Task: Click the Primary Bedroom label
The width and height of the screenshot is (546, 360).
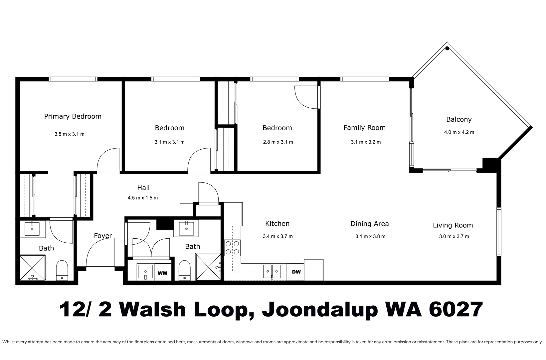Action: [x=73, y=116]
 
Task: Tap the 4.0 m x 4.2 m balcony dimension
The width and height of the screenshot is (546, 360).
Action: [x=459, y=132]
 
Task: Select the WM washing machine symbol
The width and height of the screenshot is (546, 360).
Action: [x=162, y=273]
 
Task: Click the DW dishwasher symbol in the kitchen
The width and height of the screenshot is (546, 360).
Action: [x=296, y=272]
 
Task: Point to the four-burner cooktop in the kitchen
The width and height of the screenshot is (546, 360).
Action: [x=232, y=248]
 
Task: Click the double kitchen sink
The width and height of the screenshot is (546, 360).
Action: [x=272, y=271]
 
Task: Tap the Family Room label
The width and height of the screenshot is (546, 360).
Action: [x=364, y=127]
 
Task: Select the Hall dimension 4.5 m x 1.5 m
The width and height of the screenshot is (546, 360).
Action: [x=143, y=198]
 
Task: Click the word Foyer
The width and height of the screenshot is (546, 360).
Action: [x=103, y=236]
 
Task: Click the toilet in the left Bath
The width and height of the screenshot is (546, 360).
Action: [x=62, y=270]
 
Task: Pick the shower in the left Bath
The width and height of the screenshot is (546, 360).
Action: [x=32, y=267]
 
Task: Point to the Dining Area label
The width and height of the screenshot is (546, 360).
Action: [x=369, y=224]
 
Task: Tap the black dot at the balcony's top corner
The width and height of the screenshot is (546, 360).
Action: [x=447, y=49]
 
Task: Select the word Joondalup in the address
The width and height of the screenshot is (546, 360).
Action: [x=320, y=310]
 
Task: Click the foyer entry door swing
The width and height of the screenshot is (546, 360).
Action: [x=100, y=255]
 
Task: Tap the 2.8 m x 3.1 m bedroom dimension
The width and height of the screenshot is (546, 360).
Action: [x=278, y=142]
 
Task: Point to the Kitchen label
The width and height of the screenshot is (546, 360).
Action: [x=277, y=223]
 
